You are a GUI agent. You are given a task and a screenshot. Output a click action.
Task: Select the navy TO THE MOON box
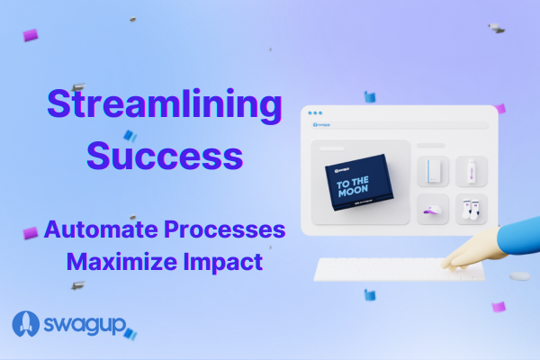tap(360, 184)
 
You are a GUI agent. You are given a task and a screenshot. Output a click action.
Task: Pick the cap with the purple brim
tap(434, 210)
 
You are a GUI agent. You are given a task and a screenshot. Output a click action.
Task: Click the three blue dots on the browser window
tap(314, 113)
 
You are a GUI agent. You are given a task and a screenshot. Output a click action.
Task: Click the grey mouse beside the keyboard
tap(519, 277)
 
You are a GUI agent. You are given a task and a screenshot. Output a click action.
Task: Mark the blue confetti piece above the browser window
tap(369, 96)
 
